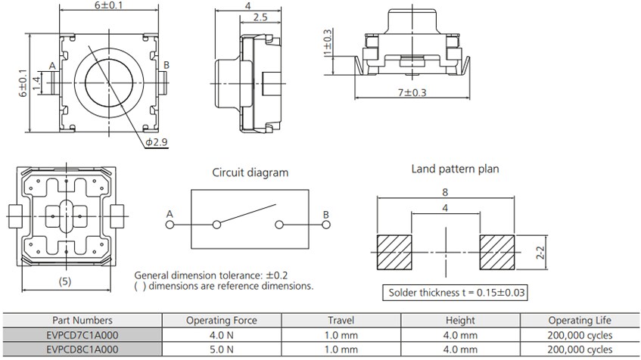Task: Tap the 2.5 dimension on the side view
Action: [259, 17]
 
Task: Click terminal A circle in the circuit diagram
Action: [170, 225]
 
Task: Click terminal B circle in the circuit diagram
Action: [326, 225]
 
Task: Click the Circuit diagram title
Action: [249, 172]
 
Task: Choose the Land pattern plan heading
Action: [455, 169]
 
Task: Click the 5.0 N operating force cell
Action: [221, 349]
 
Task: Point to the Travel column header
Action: [341, 320]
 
